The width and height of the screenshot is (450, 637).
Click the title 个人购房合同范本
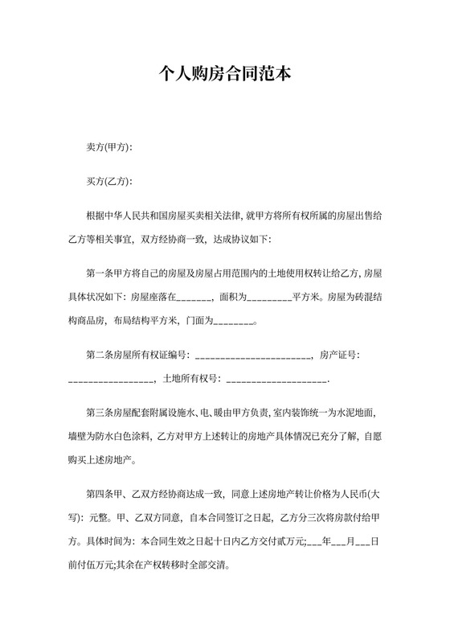click(x=225, y=74)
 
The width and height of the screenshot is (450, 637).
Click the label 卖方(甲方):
click(x=109, y=148)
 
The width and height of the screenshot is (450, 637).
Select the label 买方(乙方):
click(x=109, y=182)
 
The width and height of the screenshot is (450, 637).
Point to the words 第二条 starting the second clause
click(x=100, y=355)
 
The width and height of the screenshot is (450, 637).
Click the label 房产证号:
click(x=340, y=355)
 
